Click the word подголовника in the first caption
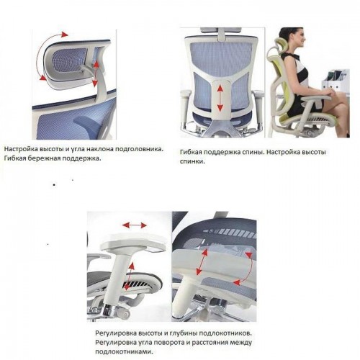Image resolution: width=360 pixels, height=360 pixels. (x=139, y=150)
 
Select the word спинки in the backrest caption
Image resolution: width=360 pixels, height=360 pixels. (x=192, y=161)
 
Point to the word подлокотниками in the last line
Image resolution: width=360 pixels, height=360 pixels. (x=123, y=352)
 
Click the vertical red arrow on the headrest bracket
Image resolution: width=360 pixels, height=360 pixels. (x=96, y=73)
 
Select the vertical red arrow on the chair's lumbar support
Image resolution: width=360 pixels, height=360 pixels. (x=220, y=99)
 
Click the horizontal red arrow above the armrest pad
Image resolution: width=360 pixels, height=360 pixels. (x=135, y=225)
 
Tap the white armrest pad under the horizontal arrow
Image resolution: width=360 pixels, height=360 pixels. (x=134, y=243)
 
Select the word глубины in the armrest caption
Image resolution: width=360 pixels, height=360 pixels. (x=184, y=334)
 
